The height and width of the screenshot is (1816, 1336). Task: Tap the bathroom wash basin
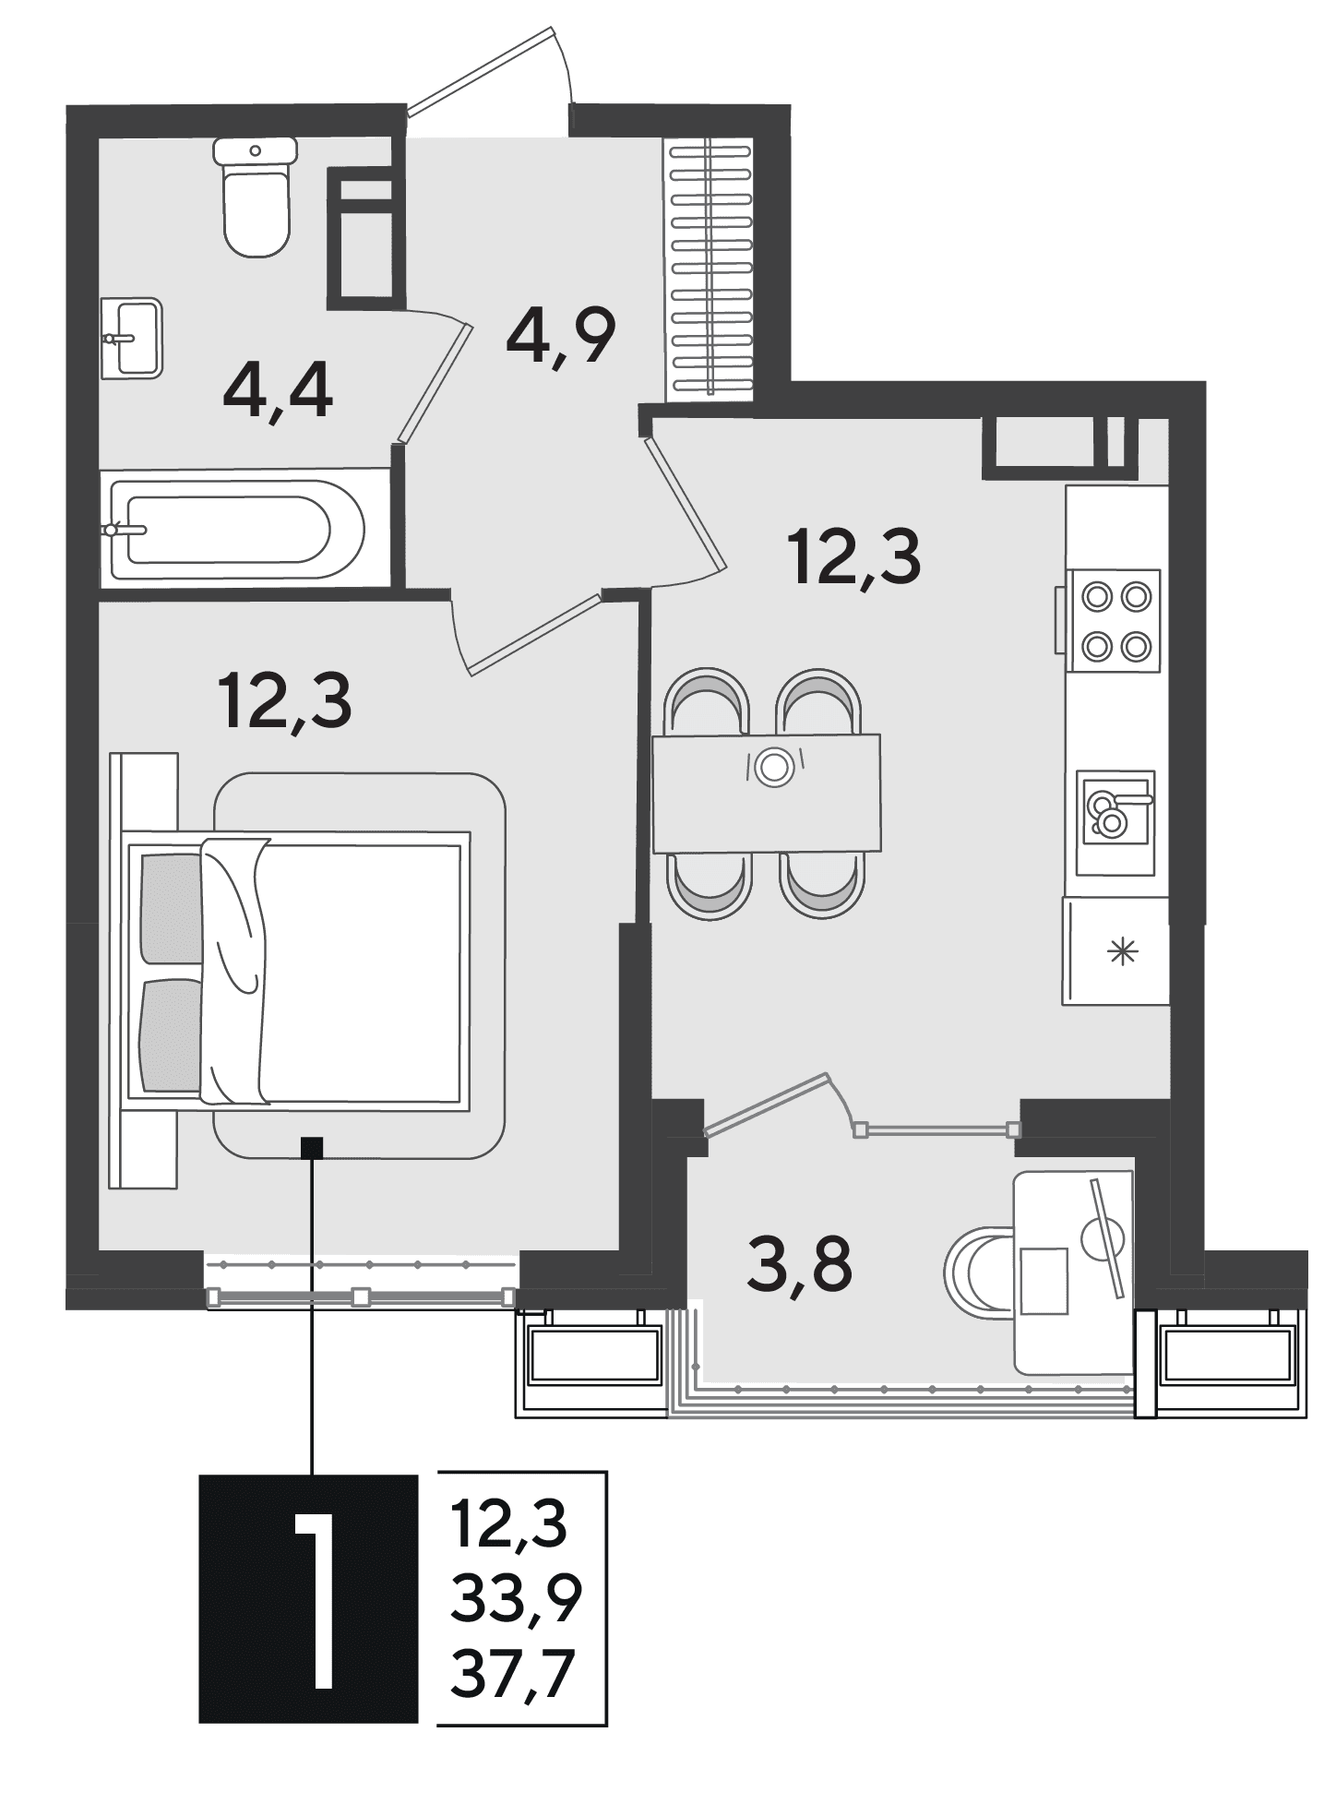pyautogui.click(x=131, y=338)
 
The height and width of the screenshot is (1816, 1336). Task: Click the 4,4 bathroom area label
pyautogui.click(x=278, y=392)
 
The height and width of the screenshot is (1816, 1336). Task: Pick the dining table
pyautogui.click(x=766, y=793)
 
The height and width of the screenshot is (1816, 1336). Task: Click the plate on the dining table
pyautogui.click(x=773, y=766)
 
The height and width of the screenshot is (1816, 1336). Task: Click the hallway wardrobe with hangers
pyautogui.click(x=710, y=268)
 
